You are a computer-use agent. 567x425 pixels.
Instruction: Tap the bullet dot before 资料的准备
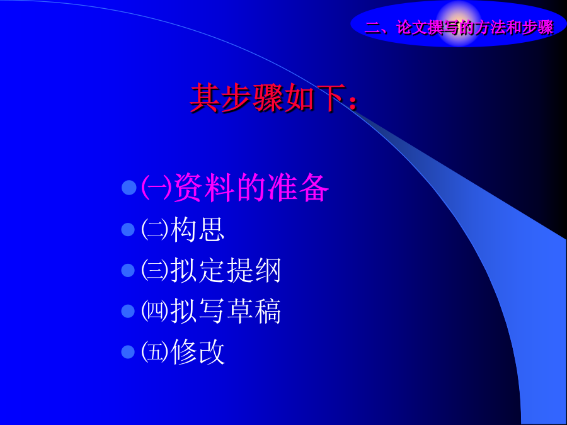coord(129,188)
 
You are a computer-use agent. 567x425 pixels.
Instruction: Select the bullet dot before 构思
coord(128,229)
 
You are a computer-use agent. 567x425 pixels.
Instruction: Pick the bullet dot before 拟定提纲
coord(128,270)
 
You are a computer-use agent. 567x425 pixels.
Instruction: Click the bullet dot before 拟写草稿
coord(128,311)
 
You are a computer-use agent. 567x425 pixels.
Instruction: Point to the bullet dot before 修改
coord(128,352)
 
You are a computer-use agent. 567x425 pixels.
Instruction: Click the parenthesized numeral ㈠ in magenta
coord(156,188)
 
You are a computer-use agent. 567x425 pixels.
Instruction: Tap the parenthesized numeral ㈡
coord(155,229)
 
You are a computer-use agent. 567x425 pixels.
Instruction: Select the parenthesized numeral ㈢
coord(155,270)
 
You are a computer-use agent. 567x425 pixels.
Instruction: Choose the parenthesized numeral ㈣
coord(155,311)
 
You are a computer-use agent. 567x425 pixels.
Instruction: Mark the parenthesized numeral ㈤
coord(155,352)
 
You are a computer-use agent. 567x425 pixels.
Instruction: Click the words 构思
coord(197,229)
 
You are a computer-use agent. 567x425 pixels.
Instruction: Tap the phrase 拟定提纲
coord(226,270)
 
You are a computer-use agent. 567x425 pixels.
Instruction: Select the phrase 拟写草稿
coord(226,311)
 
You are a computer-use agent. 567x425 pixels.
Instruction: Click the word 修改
coord(197,352)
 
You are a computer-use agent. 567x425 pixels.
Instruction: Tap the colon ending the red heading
coord(353,102)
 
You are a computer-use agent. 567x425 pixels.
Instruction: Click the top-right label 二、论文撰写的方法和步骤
coord(459,28)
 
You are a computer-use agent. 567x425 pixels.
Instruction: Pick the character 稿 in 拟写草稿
coord(268,311)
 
